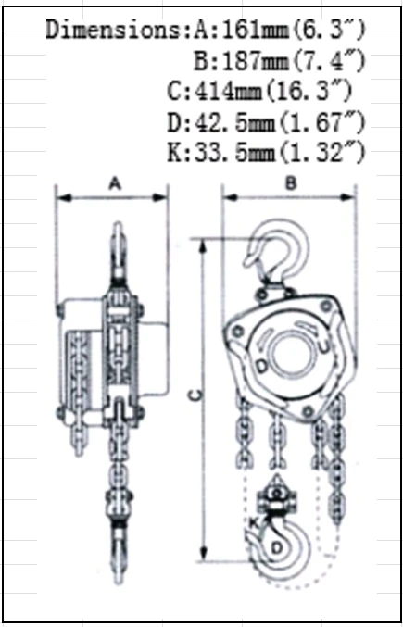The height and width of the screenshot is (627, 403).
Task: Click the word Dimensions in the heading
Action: (114, 30)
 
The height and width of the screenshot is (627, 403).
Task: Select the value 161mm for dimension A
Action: (255, 30)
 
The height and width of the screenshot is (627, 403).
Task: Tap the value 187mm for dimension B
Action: (255, 61)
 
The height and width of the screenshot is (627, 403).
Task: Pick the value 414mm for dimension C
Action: (228, 92)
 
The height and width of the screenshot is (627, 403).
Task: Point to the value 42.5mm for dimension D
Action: (235, 122)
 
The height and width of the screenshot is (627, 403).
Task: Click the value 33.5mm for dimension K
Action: (235, 153)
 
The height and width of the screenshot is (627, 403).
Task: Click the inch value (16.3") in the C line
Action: (309, 92)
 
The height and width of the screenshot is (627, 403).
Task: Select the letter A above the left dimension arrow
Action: (115, 184)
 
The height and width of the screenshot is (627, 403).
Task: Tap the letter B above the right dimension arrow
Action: (291, 184)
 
